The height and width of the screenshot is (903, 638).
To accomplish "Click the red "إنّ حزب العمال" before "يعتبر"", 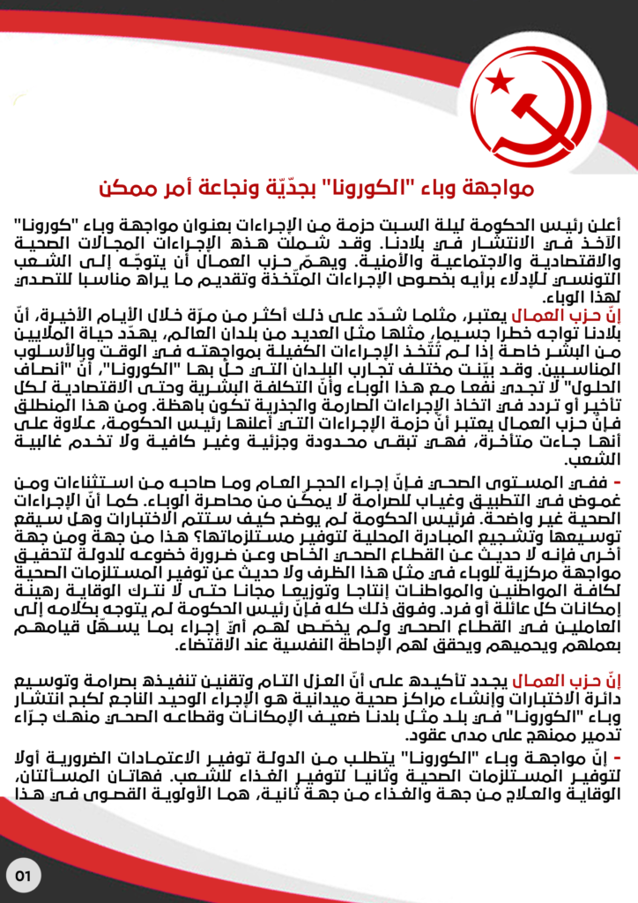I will click(580, 316).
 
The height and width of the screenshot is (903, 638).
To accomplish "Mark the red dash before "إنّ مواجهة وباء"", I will click(616, 758).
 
